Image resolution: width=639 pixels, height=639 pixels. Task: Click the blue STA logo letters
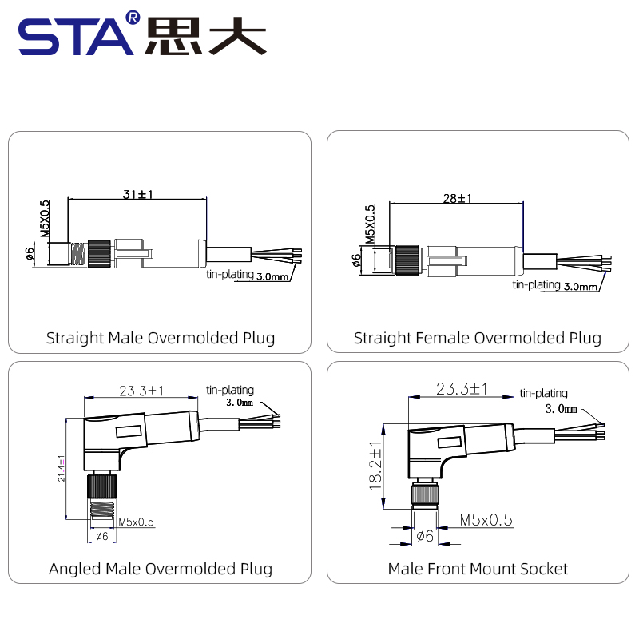tap(76, 37)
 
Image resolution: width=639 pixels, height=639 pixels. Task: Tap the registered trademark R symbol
tap(133, 18)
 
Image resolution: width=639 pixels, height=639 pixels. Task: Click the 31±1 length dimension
tap(137, 194)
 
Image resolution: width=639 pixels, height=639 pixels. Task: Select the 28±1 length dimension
tap(457, 198)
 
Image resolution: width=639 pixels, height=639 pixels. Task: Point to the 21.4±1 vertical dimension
tap(62, 468)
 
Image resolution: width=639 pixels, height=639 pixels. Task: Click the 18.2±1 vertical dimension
tap(375, 466)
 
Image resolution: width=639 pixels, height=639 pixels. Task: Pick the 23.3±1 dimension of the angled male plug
tap(141, 391)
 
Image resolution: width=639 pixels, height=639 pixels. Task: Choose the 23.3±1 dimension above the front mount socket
tap(462, 388)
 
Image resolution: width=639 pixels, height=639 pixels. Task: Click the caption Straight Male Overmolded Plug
tap(161, 338)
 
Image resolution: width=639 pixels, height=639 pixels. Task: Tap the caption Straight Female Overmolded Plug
tap(478, 338)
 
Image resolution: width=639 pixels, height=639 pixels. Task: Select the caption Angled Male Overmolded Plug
tap(161, 569)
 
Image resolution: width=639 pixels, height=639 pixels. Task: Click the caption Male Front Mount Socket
tap(478, 569)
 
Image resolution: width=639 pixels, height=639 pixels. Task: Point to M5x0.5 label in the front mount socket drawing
tap(486, 520)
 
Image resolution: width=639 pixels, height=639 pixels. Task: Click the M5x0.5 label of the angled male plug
tap(136, 522)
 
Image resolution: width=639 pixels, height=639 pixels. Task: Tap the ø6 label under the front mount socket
tap(425, 536)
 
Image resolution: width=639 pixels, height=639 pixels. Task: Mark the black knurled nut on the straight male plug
tap(99, 253)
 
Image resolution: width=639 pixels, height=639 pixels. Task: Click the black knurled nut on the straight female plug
tap(407, 260)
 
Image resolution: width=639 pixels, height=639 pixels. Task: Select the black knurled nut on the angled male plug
tap(102, 486)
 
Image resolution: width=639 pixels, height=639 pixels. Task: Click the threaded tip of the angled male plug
tap(102, 509)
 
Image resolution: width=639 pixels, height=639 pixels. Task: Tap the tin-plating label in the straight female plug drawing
tap(536, 284)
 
